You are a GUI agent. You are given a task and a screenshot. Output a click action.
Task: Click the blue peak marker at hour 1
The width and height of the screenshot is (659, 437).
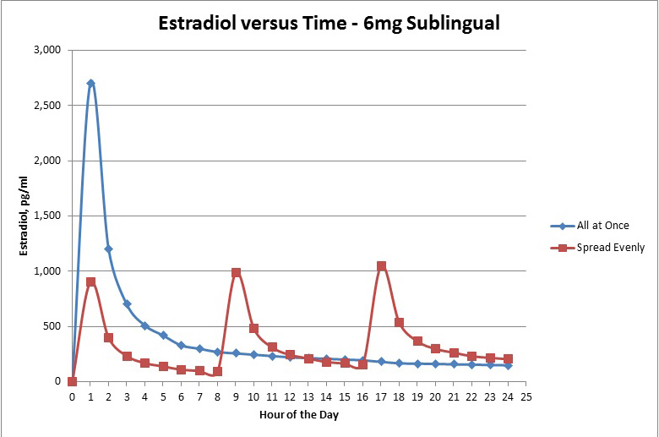coord(90,83)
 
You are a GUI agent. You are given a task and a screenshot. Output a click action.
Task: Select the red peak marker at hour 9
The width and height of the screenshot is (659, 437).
coord(236,272)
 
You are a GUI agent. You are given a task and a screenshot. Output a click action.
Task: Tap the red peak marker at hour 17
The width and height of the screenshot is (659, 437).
coord(381,265)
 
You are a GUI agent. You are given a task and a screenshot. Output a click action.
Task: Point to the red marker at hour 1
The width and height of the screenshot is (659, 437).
coord(90,281)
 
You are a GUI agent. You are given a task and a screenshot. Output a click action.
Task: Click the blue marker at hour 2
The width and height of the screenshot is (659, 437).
coord(108,249)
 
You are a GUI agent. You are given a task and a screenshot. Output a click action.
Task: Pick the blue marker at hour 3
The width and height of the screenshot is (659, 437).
coord(127,303)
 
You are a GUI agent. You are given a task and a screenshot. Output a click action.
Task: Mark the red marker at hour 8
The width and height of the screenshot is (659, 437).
coord(217,371)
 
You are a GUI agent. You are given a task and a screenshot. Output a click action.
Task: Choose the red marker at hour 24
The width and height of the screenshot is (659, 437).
coord(508,358)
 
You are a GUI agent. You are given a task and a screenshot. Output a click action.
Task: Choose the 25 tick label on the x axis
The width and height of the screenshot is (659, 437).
coord(526,396)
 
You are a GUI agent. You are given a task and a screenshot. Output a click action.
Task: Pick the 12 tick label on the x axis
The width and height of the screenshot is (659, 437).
coord(290,396)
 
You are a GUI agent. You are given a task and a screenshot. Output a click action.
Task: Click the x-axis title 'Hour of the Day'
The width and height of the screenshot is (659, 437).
coord(298,414)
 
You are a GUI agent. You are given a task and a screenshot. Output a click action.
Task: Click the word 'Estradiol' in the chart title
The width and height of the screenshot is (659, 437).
coord(200,23)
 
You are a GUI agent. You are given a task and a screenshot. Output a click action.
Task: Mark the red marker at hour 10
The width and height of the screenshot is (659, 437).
coord(253,328)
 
